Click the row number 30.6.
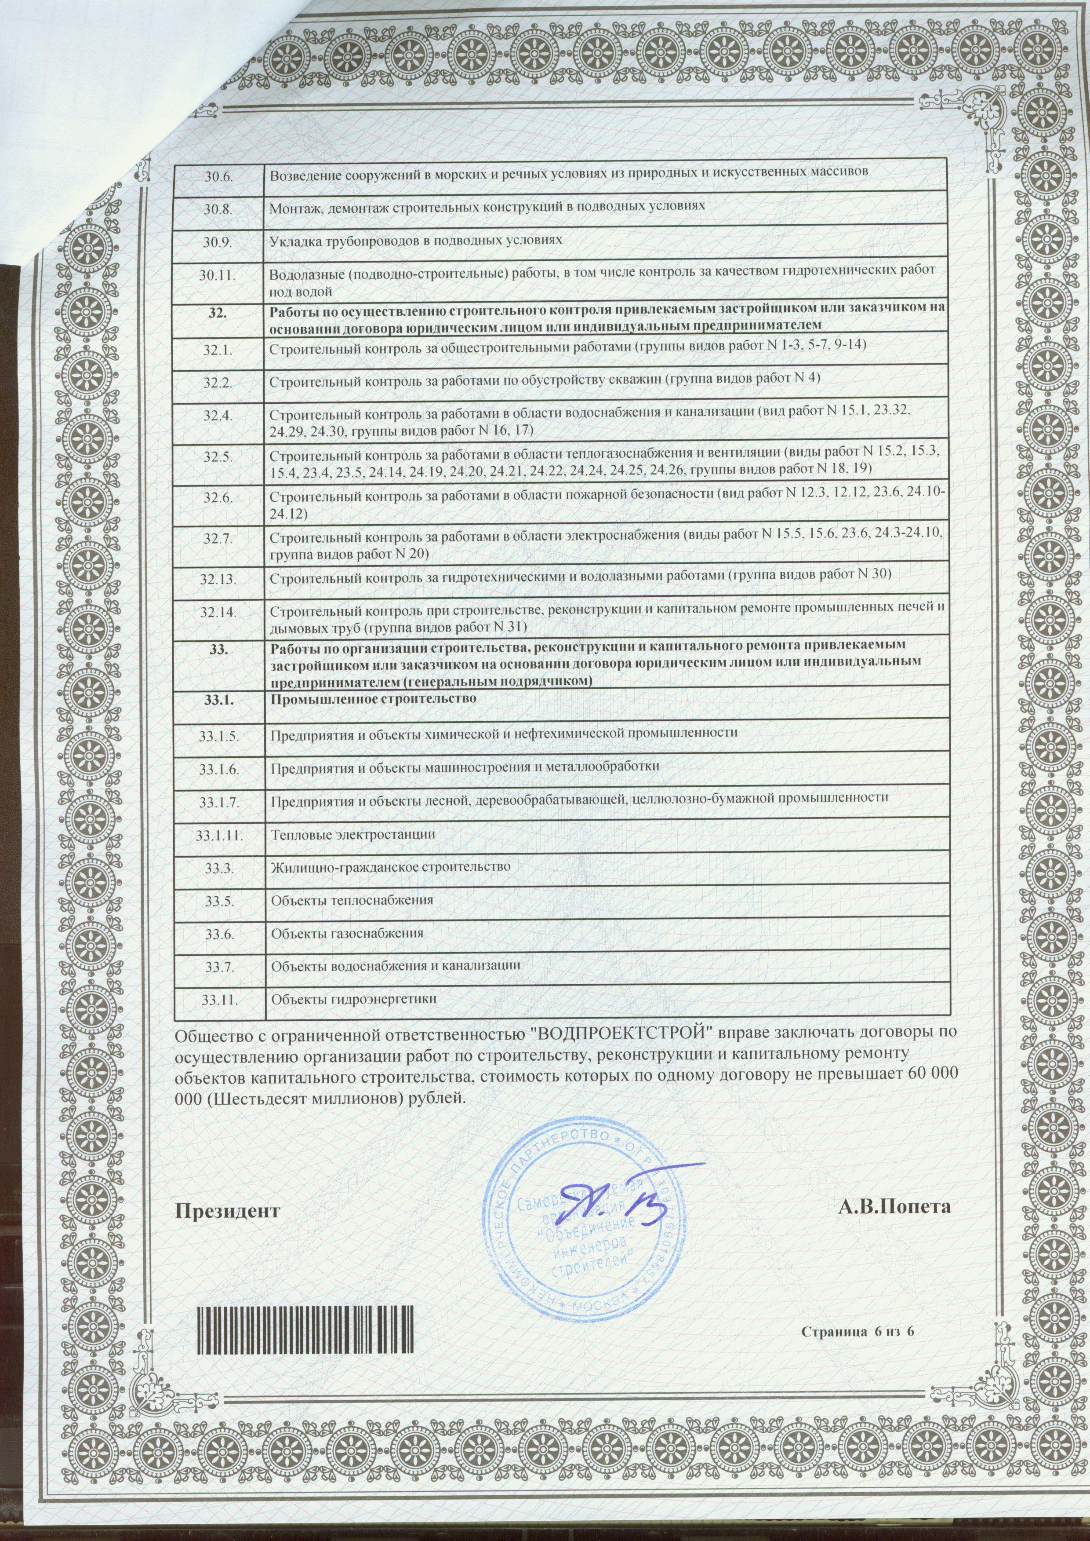coord(218,172)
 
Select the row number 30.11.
coord(218,274)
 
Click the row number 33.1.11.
coord(218,835)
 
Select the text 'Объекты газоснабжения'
coord(346,933)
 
